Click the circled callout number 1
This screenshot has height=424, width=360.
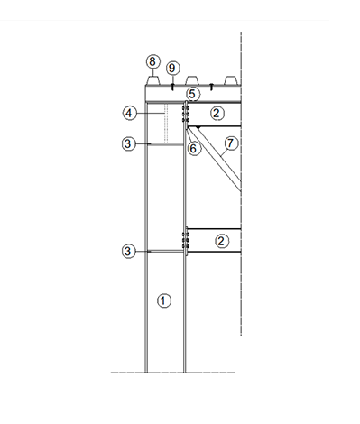tap(164, 300)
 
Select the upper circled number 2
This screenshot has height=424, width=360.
tap(217, 114)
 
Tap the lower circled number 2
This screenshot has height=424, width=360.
tap(222, 241)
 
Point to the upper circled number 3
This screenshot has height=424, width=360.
tap(128, 143)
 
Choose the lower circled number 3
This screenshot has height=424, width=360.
tap(128, 251)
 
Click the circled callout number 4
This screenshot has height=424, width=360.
tap(129, 114)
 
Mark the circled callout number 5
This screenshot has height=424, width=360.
tap(192, 94)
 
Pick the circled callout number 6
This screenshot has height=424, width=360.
tap(193, 148)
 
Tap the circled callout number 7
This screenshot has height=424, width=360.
tap(231, 143)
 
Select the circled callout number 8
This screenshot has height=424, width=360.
tap(152, 61)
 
